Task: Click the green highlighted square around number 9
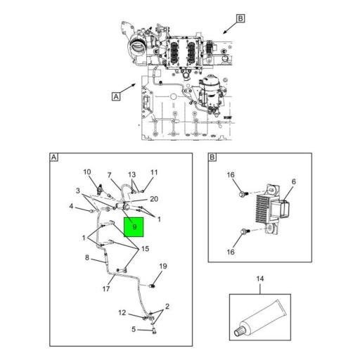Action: click(x=134, y=227)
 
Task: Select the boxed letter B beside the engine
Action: click(x=240, y=18)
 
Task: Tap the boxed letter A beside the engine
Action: click(x=116, y=96)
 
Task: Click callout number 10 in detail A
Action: click(x=87, y=172)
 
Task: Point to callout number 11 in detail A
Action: click(x=154, y=172)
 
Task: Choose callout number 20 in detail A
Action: click(x=154, y=199)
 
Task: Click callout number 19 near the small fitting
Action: click(x=163, y=266)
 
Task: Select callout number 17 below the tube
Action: click(x=106, y=289)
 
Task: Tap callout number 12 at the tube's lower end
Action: click(x=122, y=313)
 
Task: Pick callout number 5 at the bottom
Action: click(x=134, y=329)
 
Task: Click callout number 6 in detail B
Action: click(x=294, y=181)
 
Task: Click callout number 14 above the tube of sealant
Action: click(x=260, y=278)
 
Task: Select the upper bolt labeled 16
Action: click(x=243, y=194)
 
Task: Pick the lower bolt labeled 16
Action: click(x=245, y=231)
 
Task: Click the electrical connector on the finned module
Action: click(x=285, y=209)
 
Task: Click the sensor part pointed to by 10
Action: click(x=101, y=189)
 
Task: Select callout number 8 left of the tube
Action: click(x=87, y=257)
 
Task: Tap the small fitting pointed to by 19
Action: click(x=153, y=286)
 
